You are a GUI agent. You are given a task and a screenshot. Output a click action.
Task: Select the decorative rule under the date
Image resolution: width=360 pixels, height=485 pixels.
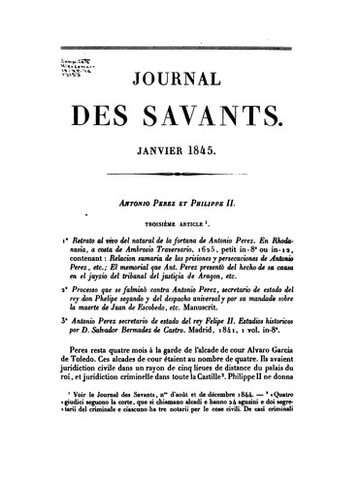[180, 180]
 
